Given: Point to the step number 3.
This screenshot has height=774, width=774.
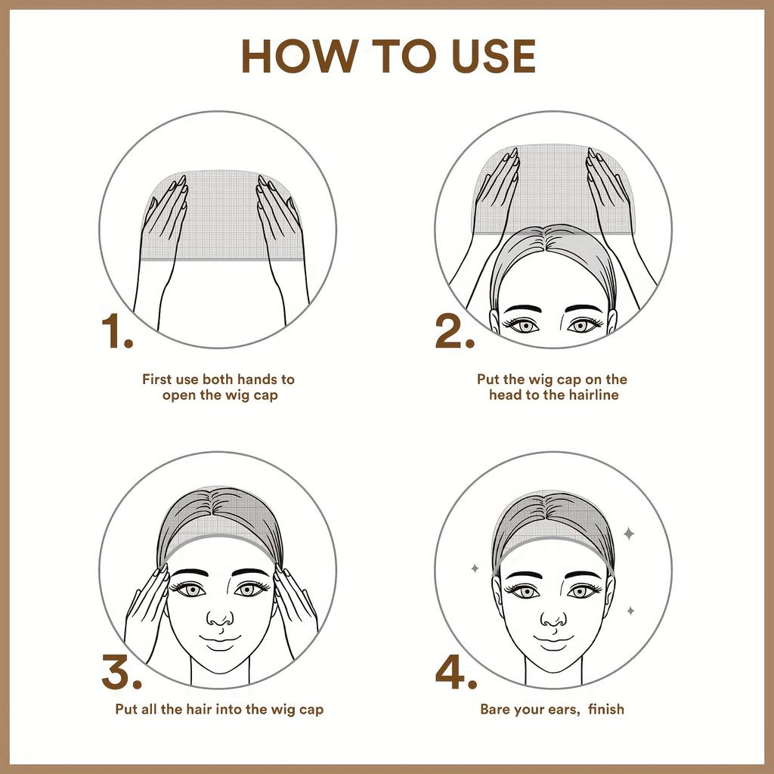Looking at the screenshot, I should click(121, 673).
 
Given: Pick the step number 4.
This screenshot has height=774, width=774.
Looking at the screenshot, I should click(456, 673).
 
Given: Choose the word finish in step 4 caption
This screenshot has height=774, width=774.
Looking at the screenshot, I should click(605, 710).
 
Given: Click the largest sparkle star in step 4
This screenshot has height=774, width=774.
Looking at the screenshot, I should click(628, 534).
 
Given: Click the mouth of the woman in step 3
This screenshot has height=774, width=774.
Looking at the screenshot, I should click(219, 641).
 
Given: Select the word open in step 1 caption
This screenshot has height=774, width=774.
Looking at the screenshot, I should click(179, 395).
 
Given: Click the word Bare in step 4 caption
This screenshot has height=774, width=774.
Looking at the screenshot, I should click(496, 710).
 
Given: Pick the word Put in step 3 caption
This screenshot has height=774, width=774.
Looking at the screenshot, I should click(125, 710).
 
